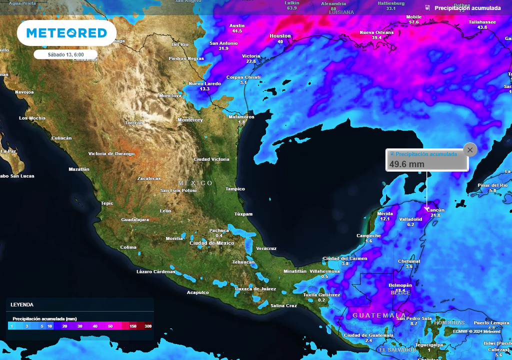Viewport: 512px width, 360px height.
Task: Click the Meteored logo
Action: click(x=66, y=33)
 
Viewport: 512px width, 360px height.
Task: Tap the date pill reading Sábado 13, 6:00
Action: click(x=65, y=54)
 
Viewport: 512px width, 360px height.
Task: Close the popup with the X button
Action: click(x=469, y=149)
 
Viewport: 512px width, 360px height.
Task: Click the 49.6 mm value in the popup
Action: click(x=406, y=164)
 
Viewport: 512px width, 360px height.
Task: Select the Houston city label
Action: click(x=280, y=36)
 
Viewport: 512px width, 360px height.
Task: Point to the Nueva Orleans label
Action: click(x=376, y=32)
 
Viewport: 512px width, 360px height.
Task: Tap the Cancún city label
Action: click(x=435, y=210)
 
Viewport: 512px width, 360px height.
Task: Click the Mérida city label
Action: click(x=385, y=213)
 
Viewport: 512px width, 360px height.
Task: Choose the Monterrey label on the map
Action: click(x=190, y=120)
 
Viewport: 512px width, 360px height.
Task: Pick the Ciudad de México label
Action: click(x=211, y=243)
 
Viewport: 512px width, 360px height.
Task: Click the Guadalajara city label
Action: click(x=135, y=219)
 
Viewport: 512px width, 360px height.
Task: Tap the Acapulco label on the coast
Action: click(x=197, y=292)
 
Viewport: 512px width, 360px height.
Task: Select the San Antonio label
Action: click(x=223, y=43)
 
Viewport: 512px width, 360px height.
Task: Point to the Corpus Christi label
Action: click(x=243, y=77)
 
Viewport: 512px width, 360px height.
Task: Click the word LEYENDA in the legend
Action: click(x=22, y=304)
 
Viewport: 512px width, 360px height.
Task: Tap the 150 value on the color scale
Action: click(x=133, y=326)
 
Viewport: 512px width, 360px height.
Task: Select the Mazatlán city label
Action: click(x=79, y=169)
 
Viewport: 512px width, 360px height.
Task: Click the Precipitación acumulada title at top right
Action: click(x=467, y=8)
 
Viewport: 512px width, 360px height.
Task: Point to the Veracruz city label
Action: click(x=266, y=248)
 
